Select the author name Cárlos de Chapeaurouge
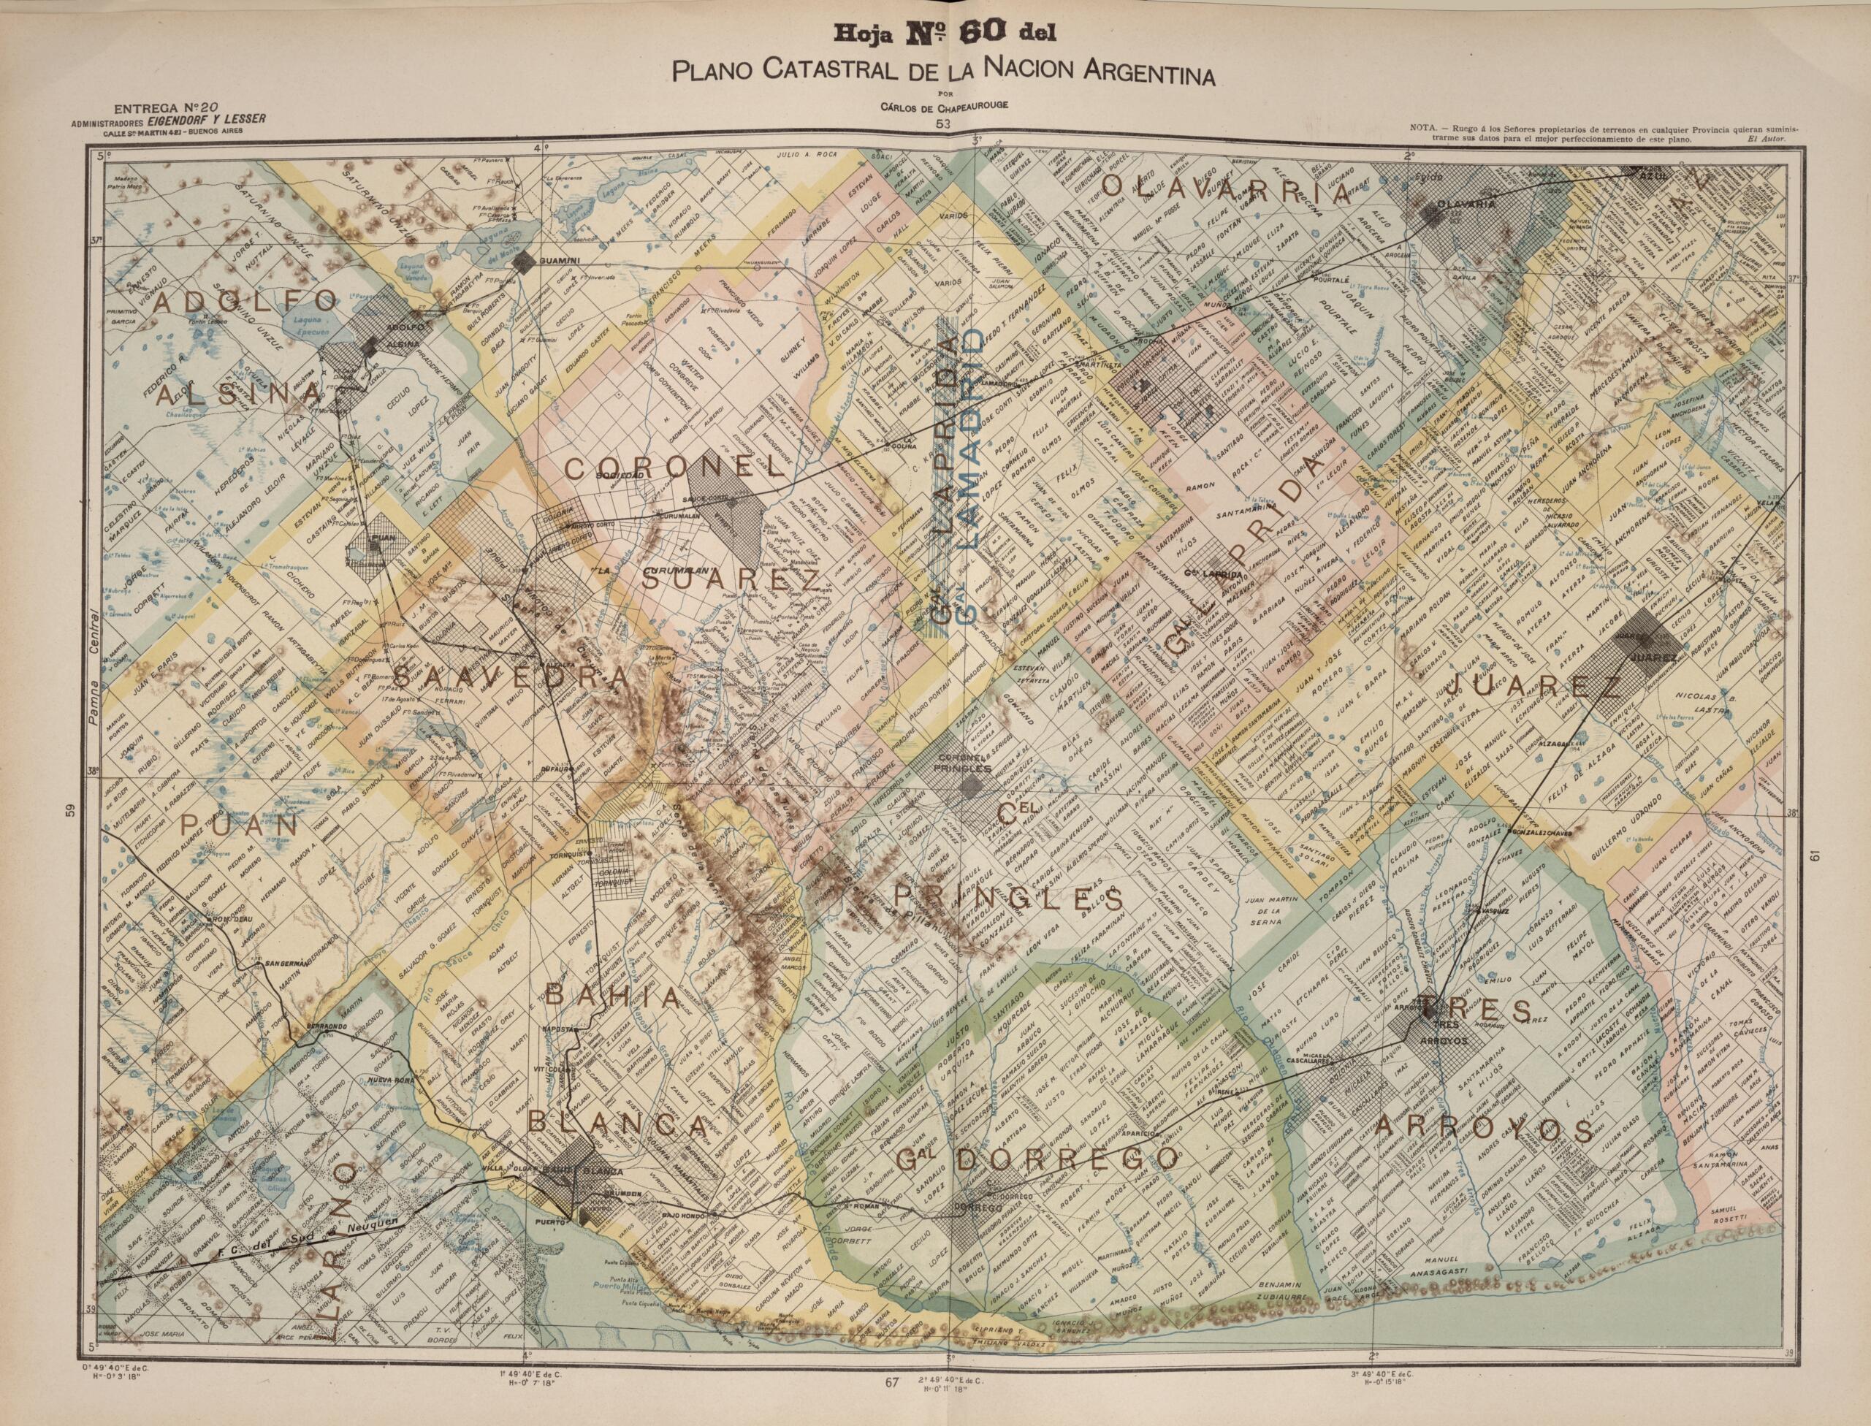point(943,104)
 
